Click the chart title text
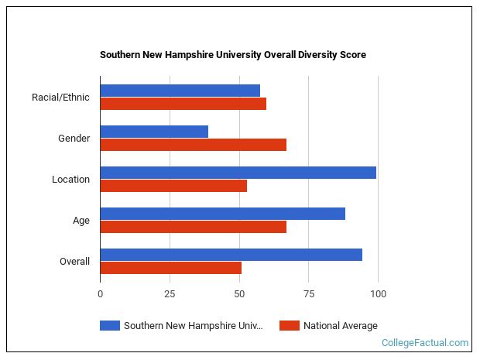233,55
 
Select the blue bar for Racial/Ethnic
180,91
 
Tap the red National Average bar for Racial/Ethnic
183,104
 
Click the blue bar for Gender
154,132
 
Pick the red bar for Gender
193,145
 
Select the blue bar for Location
238,173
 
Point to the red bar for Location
173,186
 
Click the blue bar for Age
222,214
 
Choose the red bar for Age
193,227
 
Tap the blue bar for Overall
231,255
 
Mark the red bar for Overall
170,268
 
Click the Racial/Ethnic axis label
60,98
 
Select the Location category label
70,180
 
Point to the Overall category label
74,262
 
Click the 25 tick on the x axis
170,294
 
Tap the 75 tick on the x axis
308,294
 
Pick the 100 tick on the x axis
378,294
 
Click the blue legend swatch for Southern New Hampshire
110,326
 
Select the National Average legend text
340,326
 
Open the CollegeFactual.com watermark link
424,343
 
